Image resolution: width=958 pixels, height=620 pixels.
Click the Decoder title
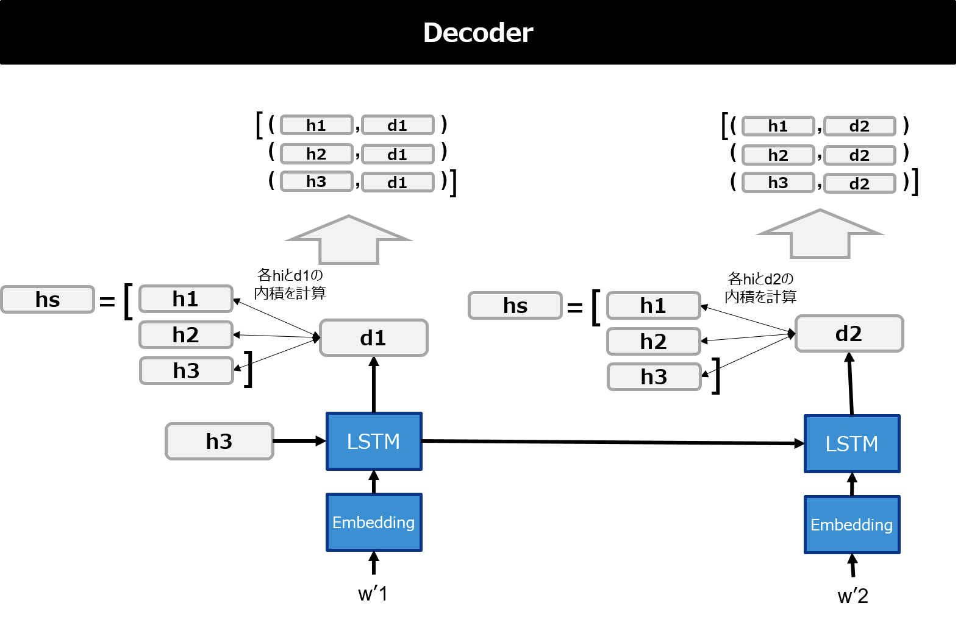tap(478, 33)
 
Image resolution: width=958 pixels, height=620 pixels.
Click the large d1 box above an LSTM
tap(373, 338)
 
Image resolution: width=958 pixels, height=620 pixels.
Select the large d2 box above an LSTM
tap(849, 334)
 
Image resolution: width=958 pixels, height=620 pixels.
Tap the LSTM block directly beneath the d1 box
tap(374, 442)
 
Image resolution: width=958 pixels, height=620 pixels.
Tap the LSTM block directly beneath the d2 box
tap(852, 444)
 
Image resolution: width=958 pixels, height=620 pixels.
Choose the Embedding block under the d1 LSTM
tap(374, 523)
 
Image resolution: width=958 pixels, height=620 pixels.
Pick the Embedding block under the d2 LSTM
tap(852, 525)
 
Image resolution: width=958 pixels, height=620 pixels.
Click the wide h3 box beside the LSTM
tap(219, 442)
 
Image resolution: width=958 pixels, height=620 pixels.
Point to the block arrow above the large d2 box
tap(820, 234)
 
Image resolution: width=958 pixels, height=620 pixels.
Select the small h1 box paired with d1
tap(316, 125)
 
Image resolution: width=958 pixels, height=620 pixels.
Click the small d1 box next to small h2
tap(398, 155)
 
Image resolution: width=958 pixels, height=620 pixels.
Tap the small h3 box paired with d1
tap(316, 181)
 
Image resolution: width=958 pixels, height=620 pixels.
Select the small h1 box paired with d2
tap(778, 126)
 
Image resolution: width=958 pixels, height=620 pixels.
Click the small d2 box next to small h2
tap(859, 155)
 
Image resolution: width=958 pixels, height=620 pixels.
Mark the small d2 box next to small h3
tap(859, 184)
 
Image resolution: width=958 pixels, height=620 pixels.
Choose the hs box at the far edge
tap(48, 300)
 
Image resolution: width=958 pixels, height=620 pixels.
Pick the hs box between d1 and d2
tap(515, 306)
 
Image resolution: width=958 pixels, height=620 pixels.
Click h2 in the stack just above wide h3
tap(186, 335)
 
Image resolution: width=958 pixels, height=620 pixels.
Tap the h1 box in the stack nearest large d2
tap(653, 306)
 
